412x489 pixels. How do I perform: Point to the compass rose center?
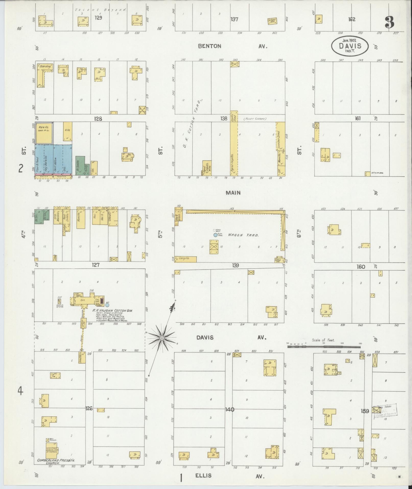pos(161,338)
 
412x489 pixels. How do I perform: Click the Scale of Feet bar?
pos(324,347)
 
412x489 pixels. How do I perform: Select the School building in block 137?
pos(272,21)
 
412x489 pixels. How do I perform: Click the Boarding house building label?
pos(45,66)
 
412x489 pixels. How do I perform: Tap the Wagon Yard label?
pos(243,235)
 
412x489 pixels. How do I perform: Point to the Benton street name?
pos(209,46)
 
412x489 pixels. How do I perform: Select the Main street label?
pos(233,192)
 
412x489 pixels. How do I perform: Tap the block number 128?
pos(98,119)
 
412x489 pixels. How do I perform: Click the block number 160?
pos(361,267)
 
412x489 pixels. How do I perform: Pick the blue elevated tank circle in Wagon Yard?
pos(215,235)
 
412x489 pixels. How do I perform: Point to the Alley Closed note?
pos(255,119)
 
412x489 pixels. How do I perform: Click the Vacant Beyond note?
pos(101,10)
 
